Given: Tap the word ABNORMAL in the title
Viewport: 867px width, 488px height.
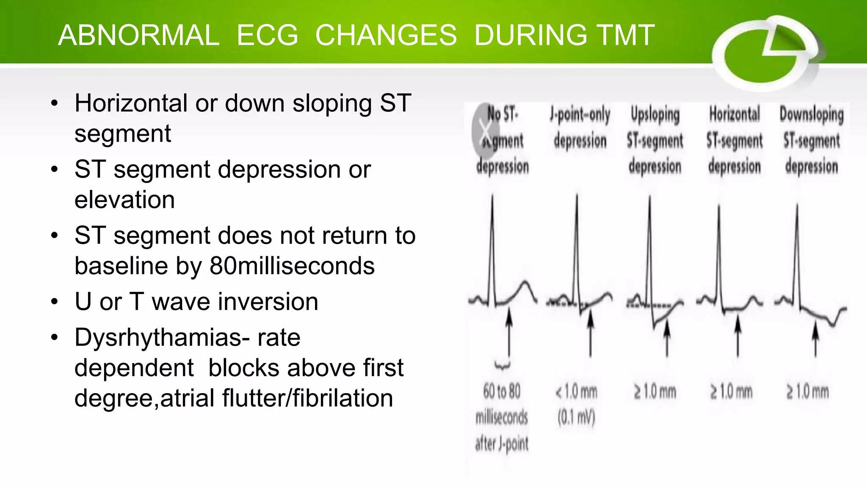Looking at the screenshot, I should tap(139, 35).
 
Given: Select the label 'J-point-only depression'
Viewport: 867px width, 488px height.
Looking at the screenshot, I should tap(580, 128).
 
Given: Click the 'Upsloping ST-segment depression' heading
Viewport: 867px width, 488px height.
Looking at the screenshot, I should tap(655, 140).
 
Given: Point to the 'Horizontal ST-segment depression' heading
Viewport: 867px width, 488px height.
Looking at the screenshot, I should tap(734, 140).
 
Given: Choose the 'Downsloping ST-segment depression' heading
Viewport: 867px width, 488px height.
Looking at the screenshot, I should tap(812, 140).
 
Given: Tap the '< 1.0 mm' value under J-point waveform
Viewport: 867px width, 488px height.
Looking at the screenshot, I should tap(577, 392).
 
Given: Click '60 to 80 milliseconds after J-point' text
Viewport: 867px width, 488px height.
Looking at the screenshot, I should tap(502, 417).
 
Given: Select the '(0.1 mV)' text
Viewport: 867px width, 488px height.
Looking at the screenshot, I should tap(577, 418).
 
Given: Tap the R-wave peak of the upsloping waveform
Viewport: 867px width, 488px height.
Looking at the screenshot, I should tap(650, 197).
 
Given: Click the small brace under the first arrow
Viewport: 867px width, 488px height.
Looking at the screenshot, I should tap(503, 366).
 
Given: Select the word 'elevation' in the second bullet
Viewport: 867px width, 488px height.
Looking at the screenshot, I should tap(124, 200).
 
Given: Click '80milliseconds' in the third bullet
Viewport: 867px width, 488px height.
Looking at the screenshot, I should tap(292, 266).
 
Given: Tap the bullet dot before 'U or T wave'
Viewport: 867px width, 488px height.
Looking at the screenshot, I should tap(54, 302).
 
